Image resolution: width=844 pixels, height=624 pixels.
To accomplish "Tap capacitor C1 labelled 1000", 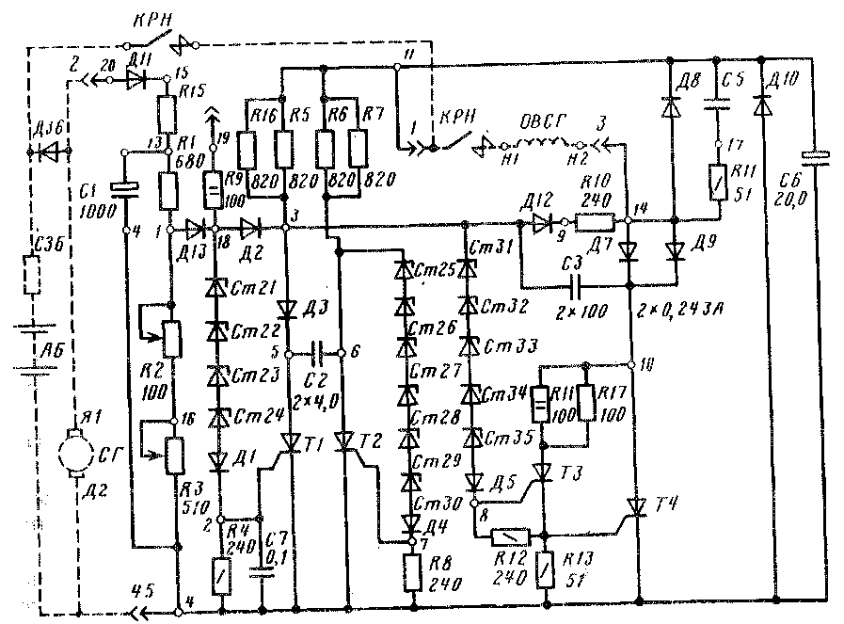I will click(124, 185).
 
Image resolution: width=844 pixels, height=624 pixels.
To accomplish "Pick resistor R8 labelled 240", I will click(412, 570).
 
